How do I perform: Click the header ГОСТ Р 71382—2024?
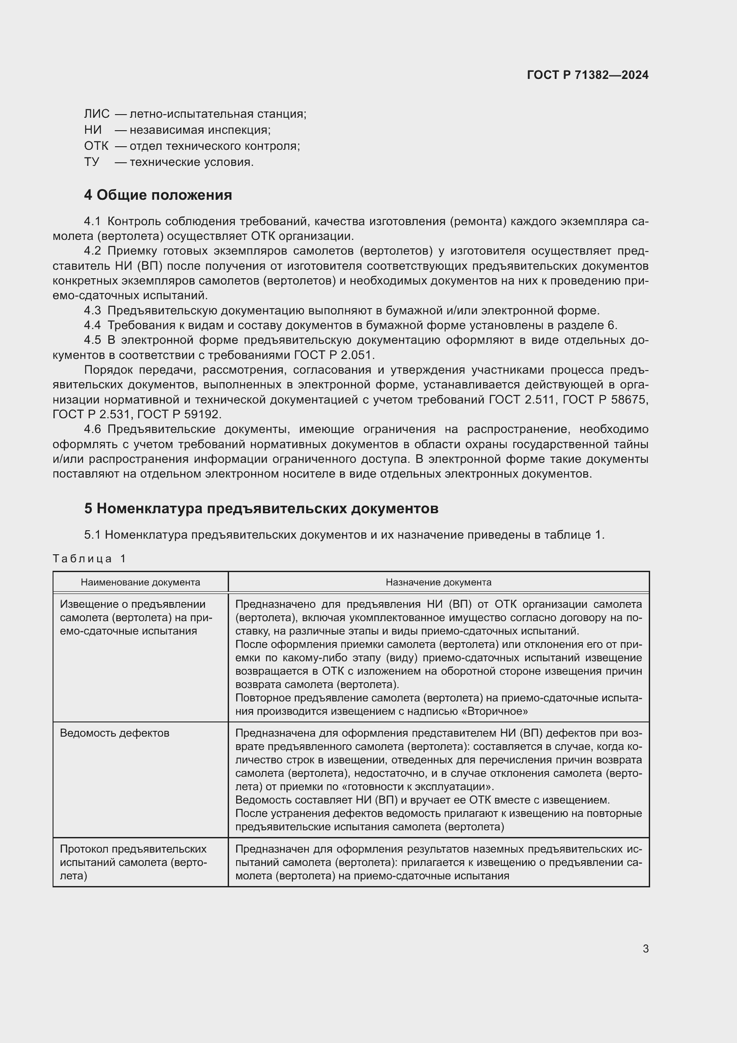[x=588, y=75]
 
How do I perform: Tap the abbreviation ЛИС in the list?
[x=97, y=114]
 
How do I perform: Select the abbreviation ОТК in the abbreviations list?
[x=96, y=146]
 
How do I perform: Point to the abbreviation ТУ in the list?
[x=91, y=162]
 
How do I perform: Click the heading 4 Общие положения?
[x=158, y=195]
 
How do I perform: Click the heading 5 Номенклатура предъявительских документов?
[x=261, y=508]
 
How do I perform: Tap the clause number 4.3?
[x=92, y=311]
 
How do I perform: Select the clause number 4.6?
[x=92, y=429]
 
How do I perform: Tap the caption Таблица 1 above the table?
[x=89, y=559]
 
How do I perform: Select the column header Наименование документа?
[x=140, y=582]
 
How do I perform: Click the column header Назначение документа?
[x=438, y=582]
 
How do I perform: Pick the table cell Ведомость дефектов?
[x=115, y=733]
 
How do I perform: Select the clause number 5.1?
[x=92, y=535]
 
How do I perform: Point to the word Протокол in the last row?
[x=84, y=849]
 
